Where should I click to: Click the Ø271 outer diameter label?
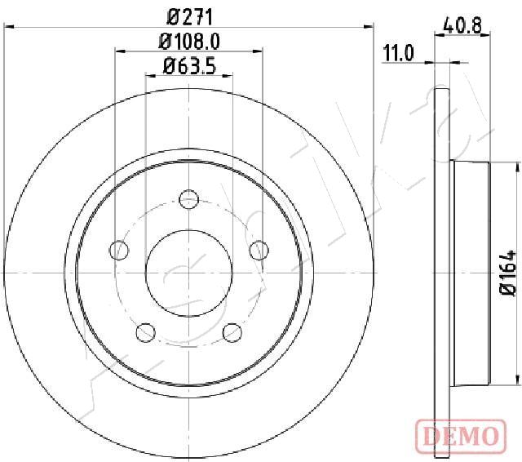[189, 17]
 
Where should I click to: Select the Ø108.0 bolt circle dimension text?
[190, 42]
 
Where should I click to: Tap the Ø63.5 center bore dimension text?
[190, 65]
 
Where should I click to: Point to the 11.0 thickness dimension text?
[399, 54]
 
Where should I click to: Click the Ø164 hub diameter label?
[508, 273]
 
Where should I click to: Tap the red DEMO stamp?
[461, 435]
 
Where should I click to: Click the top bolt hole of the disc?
[188, 199]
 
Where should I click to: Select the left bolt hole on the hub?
[119, 250]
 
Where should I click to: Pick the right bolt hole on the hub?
[259, 250]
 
